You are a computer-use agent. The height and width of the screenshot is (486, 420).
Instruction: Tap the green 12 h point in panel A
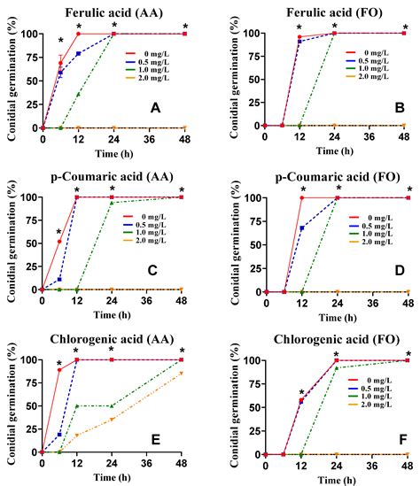point(78,94)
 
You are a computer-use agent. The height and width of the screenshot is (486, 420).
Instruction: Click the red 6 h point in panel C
point(59,242)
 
